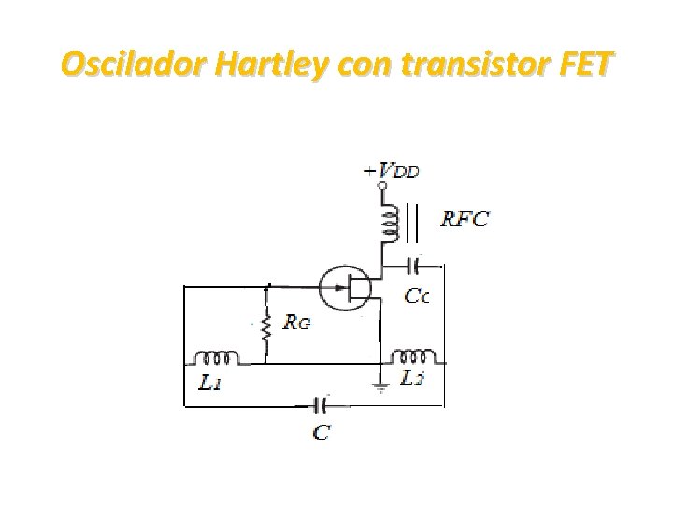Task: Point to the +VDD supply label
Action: tap(394, 172)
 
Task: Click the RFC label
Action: tap(465, 221)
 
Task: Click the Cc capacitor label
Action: tap(417, 296)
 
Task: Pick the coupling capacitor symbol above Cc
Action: tap(415, 267)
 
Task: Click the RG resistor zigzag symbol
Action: tap(268, 327)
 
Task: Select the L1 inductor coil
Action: tap(216, 357)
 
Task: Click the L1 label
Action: tap(211, 382)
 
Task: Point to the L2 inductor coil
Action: tap(412, 356)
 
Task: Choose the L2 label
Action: tap(413, 379)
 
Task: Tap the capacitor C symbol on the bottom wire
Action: tap(320, 406)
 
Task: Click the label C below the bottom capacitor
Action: tap(321, 431)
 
